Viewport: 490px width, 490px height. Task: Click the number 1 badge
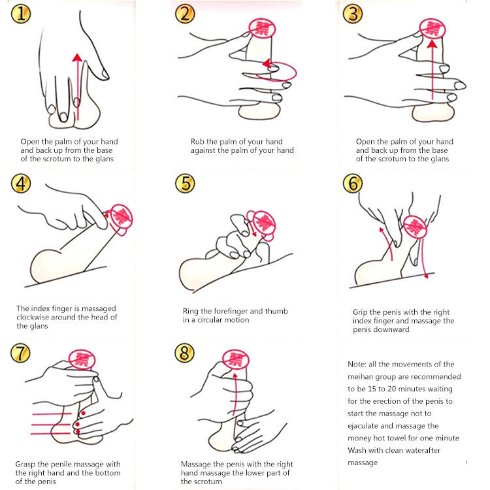click(21, 14)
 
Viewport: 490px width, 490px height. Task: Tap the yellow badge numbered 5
click(185, 183)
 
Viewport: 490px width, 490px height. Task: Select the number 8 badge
click(184, 353)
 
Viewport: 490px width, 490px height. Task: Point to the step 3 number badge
click(353, 14)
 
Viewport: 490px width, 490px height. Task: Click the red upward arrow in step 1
click(77, 87)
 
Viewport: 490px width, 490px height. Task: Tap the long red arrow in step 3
click(433, 69)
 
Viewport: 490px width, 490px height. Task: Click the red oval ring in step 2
click(276, 72)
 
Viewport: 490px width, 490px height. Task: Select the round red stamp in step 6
click(415, 227)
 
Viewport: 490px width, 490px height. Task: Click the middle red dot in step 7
click(77, 425)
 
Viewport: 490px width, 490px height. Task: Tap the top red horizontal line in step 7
click(52, 414)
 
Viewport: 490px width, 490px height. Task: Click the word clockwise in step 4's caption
click(32, 317)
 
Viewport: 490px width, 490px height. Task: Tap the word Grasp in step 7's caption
click(25, 465)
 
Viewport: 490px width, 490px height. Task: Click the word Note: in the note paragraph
click(357, 364)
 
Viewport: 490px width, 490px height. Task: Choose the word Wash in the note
click(357, 450)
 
